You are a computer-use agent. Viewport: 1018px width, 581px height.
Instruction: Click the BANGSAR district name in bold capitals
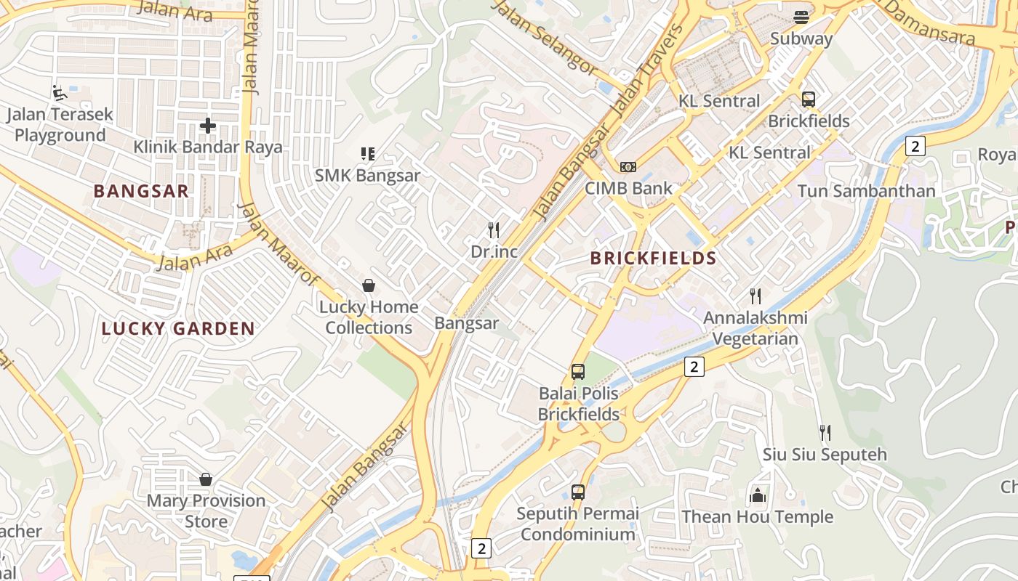click(141, 191)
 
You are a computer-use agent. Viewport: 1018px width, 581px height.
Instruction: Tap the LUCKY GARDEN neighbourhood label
click(178, 328)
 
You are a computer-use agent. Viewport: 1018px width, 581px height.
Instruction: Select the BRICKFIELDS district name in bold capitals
click(653, 258)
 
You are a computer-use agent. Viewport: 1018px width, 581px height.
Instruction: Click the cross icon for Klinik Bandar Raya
click(208, 126)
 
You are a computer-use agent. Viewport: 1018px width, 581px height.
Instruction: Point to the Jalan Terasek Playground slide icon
click(60, 93)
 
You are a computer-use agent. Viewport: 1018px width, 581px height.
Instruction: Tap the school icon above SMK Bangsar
click(368, 153)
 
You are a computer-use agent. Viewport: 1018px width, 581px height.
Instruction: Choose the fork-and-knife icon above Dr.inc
click(494, 230)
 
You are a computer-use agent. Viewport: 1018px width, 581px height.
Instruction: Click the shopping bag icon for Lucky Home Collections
click(369, 285)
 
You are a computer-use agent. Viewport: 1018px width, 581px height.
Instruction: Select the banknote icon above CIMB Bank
click(628, 167)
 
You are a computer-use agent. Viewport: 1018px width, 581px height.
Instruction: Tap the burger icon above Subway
click(801, 17)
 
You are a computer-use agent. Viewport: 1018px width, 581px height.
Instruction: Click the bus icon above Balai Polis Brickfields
click(578, 372)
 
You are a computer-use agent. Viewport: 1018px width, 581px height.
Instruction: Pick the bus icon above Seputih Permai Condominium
click(578, 492)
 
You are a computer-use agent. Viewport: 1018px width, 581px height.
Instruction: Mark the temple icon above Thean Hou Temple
click(758, 495)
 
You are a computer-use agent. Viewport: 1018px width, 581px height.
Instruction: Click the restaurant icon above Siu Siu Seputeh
click(825, 433)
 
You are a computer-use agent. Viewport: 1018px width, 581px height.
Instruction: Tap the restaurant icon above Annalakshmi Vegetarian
click(756, 296)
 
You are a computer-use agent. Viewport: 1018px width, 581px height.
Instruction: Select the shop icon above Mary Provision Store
click(206, 479)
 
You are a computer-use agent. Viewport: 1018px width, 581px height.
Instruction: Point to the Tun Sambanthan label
click(866, 191)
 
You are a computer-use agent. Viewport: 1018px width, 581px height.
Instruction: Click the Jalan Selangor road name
click(545, 36)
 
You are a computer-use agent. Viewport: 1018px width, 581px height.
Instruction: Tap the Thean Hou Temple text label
click(757, 517)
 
